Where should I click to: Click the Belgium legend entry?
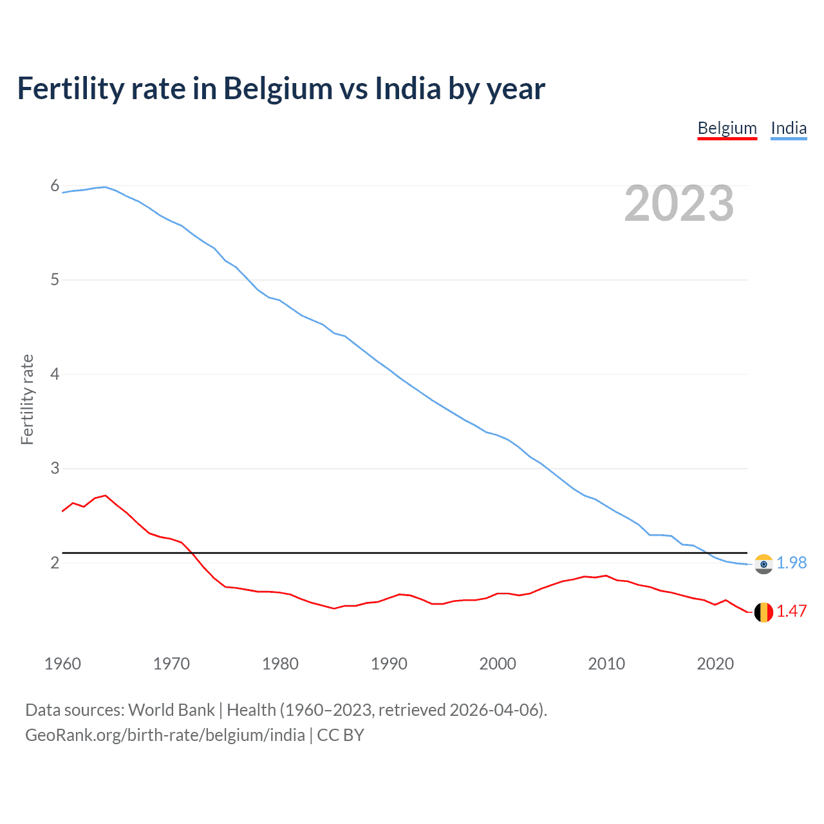727,128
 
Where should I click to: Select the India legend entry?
789,128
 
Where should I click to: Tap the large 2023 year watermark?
679,203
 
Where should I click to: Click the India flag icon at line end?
763,564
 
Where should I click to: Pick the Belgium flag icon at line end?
763,612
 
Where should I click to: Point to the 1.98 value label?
791,563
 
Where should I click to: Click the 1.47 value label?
791,611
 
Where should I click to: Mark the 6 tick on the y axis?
55,186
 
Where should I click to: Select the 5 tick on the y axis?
55,280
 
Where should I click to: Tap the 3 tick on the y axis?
55,469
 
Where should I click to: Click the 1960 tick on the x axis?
62,664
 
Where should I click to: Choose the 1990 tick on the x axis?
389,664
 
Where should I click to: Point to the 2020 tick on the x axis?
715,664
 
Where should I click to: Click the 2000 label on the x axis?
498,664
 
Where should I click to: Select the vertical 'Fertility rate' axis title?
27,399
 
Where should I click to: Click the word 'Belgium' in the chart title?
277,89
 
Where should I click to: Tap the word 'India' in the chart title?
408,88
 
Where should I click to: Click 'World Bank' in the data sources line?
171,710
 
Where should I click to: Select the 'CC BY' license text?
341,735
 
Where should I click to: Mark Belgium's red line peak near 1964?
106,496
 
